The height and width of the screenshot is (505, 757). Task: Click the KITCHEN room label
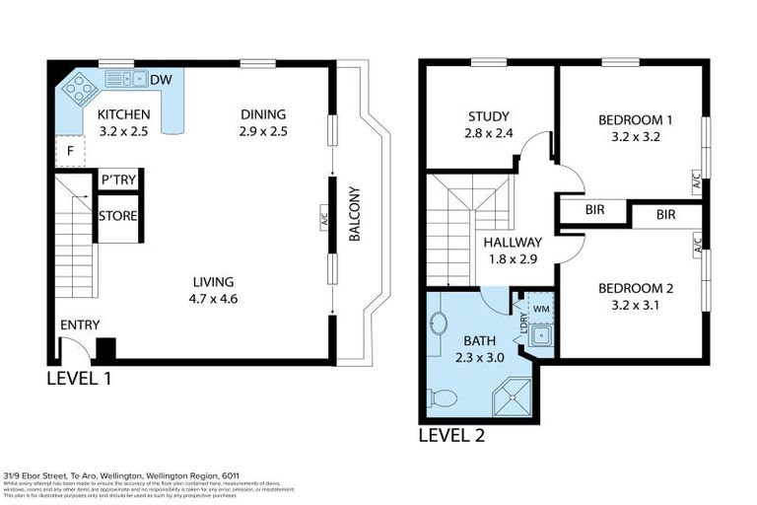point(123,114)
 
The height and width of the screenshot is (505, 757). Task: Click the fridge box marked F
point(70,152)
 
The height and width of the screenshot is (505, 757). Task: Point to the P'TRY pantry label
point(118,180)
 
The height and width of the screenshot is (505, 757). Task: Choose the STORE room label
point(117,216)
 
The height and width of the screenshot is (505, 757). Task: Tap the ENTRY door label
point(80,325)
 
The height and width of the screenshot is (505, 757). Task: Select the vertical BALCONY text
point(353,214)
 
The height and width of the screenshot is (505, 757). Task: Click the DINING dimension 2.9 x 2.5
point(262,131)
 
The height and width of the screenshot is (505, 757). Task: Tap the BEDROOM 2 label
point(635,289)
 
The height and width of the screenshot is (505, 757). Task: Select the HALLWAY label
point(512,243)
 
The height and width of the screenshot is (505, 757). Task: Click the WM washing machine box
point(539,309)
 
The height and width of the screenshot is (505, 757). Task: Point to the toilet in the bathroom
point(442,397)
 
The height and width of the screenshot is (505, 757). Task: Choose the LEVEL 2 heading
point(450,434)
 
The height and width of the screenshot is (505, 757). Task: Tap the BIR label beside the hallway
point(594,210)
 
